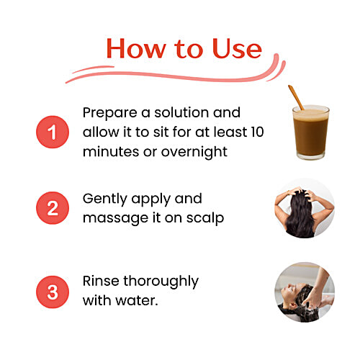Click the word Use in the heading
pos(237,49)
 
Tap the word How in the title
pos(136,48)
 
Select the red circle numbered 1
pos(53,132)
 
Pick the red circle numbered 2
pos(53,208)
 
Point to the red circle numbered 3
pos(53,292)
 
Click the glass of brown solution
pos(311,132)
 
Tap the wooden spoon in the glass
pos(296,97)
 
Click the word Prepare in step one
pos(110,113)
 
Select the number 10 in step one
pos(258,132)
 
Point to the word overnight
pos(194,152)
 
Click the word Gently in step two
pos(105,199)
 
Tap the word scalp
pos(205,218)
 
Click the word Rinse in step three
pos(101,281)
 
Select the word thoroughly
pos(161,282)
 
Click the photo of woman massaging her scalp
pos(305,208)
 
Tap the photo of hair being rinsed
pos(305,292)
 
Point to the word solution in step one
pos(181,112)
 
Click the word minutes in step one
pos(111,152)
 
